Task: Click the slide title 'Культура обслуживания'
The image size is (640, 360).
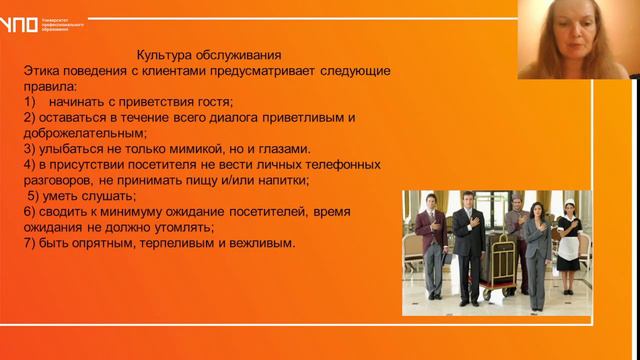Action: click(x=208, y=56)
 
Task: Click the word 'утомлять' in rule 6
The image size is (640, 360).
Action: click(x=184, y=227)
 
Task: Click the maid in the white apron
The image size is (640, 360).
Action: click(x=567, y=245)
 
